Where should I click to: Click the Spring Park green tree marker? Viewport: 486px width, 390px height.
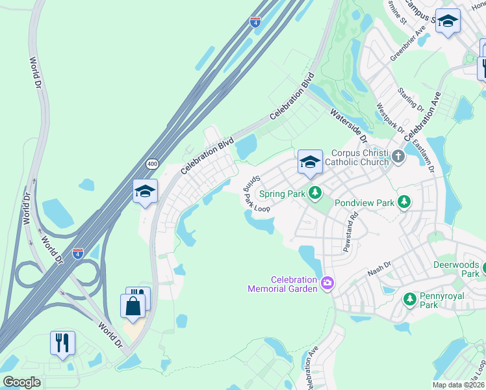(x=315, y=192)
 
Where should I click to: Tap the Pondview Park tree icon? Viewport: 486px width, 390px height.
(x=404, y=202)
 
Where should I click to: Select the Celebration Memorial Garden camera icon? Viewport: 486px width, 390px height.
(x=327, y=283)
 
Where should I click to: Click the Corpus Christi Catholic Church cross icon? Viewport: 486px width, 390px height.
(x=398, y=155)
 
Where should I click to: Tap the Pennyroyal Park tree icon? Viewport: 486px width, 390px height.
(x=409, y=299)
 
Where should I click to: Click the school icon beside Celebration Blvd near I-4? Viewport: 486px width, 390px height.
(x=145, y=192)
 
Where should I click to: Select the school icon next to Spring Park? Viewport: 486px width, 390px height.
(x=310, y=162)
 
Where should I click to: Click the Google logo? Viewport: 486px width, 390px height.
(x=21, y=382)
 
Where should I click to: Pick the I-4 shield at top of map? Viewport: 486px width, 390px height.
(x=256, y=21)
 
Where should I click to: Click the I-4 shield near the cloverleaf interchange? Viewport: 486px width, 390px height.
(x=78, y=252)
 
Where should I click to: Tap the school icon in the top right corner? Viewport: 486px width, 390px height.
(x=448, y=21)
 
